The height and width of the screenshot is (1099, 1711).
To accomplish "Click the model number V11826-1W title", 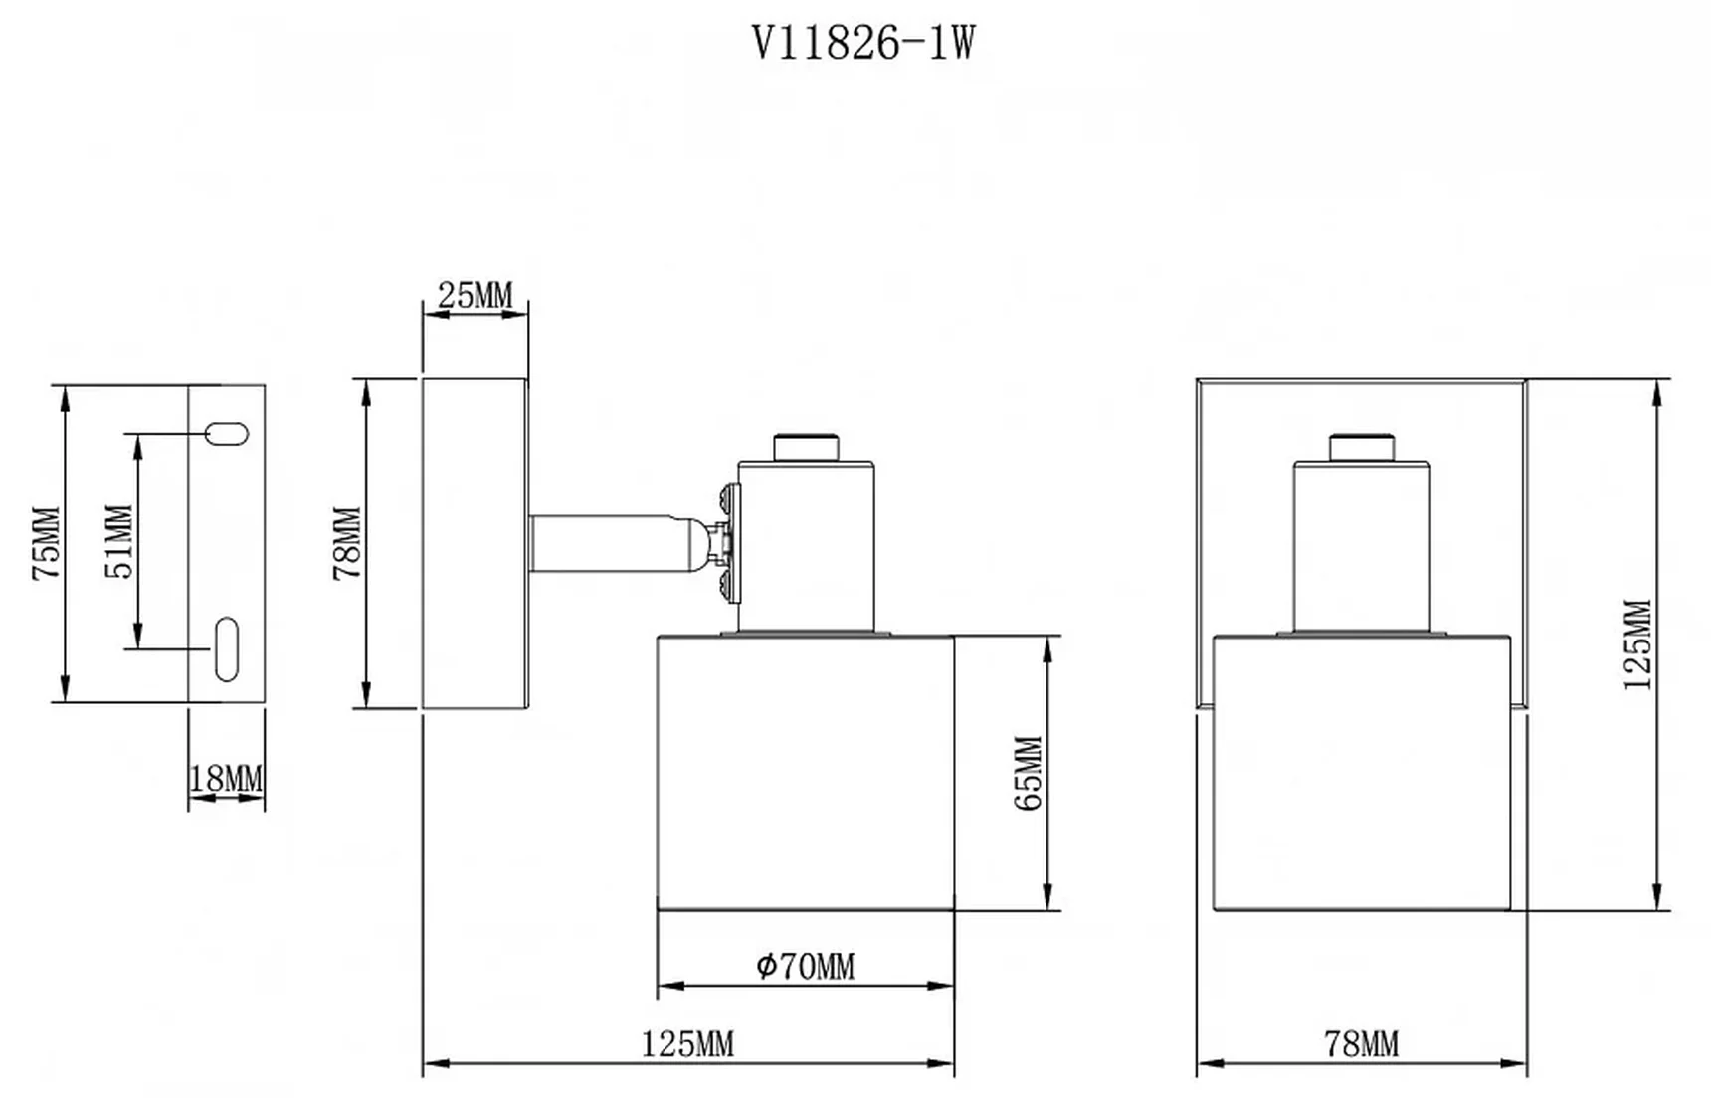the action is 862,43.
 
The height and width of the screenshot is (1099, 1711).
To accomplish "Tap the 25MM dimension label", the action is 475,295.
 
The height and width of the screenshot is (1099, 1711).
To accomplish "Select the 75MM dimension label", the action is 47,543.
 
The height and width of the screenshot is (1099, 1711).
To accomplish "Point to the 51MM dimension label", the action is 118,542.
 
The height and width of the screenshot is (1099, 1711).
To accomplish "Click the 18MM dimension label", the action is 227,778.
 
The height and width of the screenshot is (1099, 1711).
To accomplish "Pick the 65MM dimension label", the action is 1029,773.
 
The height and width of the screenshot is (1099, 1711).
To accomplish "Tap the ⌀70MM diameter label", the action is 805,966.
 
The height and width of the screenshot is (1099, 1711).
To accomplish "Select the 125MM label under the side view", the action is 687,1044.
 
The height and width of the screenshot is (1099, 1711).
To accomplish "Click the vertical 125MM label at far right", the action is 1636,644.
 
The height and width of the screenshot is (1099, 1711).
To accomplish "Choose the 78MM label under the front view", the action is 1361,1044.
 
